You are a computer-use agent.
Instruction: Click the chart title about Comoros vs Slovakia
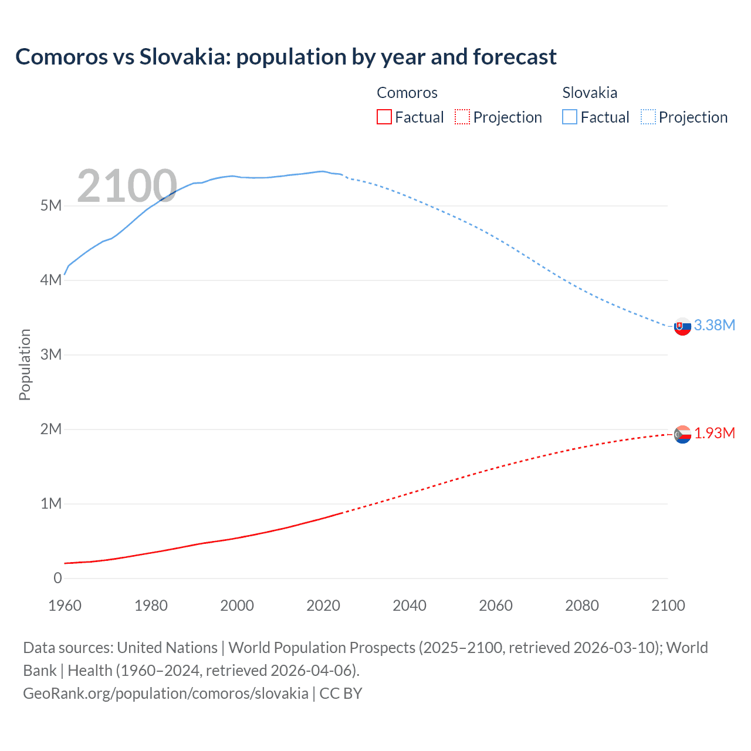[x=286, y=57]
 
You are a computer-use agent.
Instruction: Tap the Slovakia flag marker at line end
[x=682, y=326]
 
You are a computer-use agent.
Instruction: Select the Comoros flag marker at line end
[x=682, y=434]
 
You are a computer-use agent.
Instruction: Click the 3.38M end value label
[x=714, y=325]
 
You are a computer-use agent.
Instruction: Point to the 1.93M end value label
[x=714, y=433]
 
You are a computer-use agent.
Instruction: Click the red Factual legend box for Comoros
[x=384, y=117]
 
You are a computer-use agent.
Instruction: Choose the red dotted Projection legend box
[x=462, y=117]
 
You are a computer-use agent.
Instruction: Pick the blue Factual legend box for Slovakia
[x=569, y=117]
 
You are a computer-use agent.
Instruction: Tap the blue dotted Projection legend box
[x=648, y=117]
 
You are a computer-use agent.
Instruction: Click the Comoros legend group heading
[x=407, y=93]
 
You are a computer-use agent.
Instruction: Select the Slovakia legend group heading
[x=589, y=93]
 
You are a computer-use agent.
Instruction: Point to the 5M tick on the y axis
[x=51, y=205]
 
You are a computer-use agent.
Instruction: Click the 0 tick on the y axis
[x=57, y=578]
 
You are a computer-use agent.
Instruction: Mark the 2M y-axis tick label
[x=51, y=429]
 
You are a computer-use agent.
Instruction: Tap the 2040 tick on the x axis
[x=410, y=605]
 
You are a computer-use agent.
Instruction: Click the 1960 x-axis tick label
[x=65, y=605]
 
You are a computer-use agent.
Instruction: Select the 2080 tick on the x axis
[x=581, y=605]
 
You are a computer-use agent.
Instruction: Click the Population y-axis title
[x=25, y=364]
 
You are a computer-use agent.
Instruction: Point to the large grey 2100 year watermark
[x=127, y=186]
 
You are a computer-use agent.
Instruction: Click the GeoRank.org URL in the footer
[x=165, y=693]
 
